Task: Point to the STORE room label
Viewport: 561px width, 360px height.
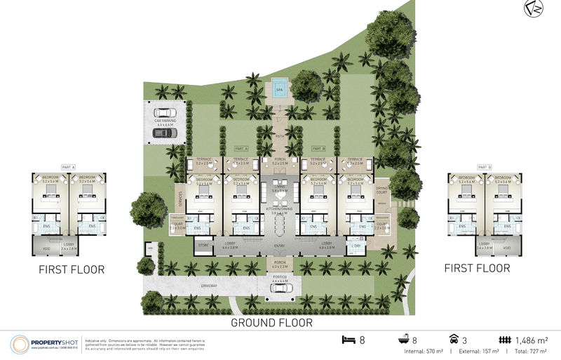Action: (204, 246)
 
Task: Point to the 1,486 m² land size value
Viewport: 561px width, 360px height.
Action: (533, 340)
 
